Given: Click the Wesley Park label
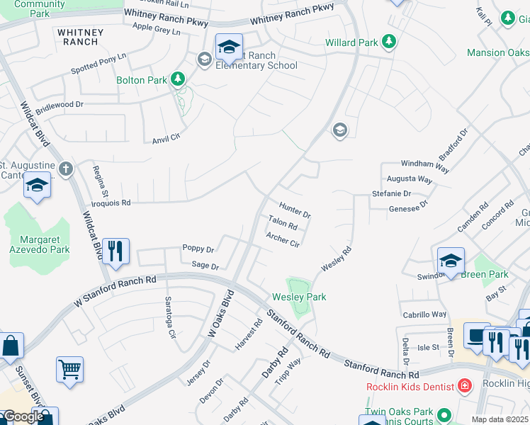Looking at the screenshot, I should pos(299,297).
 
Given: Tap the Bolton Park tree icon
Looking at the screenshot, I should pos(179,80).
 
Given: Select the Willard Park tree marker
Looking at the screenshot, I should pos(388,42).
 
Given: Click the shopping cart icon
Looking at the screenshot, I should pos(69,368).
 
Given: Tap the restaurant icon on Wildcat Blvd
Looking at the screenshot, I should pos(115,251).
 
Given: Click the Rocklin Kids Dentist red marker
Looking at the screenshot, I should pos(464,386).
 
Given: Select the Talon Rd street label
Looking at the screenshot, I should pos(282,225).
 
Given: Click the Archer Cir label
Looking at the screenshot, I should pos(283,241).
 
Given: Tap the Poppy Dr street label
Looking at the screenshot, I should pos(198,249).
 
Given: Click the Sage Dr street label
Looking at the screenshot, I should pos(205,266).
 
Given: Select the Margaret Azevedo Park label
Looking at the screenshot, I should pos(40,244).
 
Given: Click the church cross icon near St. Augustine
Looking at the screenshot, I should pos(66,169).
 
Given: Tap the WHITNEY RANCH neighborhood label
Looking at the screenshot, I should pos(80,37).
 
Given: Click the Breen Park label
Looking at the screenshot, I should pos(485,274).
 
